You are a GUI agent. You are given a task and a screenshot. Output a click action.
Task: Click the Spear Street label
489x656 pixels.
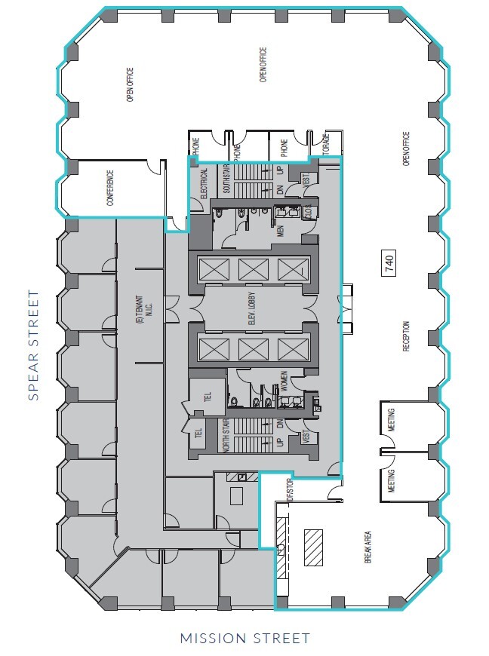coord(32,345)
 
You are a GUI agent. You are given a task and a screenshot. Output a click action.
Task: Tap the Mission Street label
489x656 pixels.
coord(244,639)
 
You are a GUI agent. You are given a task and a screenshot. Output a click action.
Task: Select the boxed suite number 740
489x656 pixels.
coord(389,263)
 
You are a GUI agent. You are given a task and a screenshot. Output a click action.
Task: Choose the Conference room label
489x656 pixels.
coord(109,188)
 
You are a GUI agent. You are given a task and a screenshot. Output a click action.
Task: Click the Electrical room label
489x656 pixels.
coord(204,182)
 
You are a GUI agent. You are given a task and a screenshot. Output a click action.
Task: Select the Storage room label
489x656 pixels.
coord(326,150)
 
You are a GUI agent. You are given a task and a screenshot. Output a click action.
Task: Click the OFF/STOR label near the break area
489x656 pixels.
coord(288,487)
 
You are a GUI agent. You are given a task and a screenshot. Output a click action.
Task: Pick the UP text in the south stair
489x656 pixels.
coord(280,173)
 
